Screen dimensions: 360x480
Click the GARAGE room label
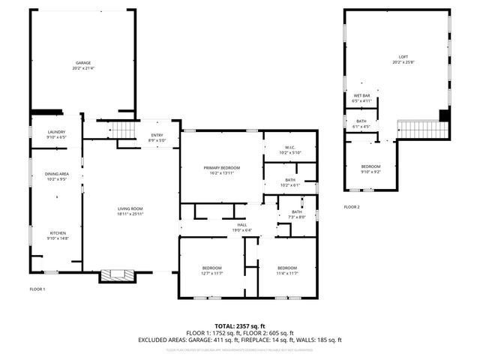pos(82,62)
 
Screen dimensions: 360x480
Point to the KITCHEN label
pos(58,232)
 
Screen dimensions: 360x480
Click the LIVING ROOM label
pos(130,208)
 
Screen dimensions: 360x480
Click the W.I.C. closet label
pos(289,147)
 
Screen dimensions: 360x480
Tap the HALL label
pos(242,224)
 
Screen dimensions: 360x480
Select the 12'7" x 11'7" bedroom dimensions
pos(211,274)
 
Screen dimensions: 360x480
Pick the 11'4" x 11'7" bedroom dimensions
pos(287,274)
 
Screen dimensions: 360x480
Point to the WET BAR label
pos(362,96)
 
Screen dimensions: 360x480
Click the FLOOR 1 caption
pos(37,289)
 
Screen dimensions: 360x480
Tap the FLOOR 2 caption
pos(352,206)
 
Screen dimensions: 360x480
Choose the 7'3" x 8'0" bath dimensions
pos(298,217)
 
